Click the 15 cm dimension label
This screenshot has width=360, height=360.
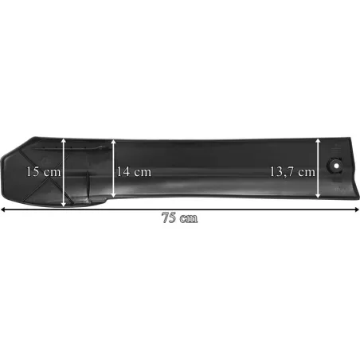click(x=44, y=171)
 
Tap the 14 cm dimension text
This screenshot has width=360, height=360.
click(x=134, y=171)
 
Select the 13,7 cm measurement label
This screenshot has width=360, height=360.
click(x=292, y=172)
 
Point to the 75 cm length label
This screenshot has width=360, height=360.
click(x=180, y=217)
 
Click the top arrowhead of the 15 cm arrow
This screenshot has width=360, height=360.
click(x=64, y=140)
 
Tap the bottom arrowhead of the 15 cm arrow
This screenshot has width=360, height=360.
click(x=64, y=204)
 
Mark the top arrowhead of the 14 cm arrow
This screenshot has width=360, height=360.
click(x=113, y=141)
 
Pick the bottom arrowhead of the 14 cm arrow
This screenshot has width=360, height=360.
click(x=113, y=195)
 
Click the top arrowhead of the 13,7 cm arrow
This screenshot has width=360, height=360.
click(x=318, y=141)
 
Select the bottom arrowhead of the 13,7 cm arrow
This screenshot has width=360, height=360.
click(x=318, y=195)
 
